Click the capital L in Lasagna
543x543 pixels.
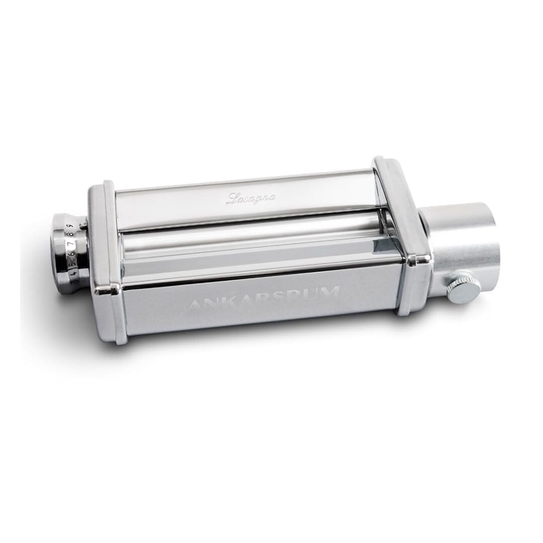[232, 200]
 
